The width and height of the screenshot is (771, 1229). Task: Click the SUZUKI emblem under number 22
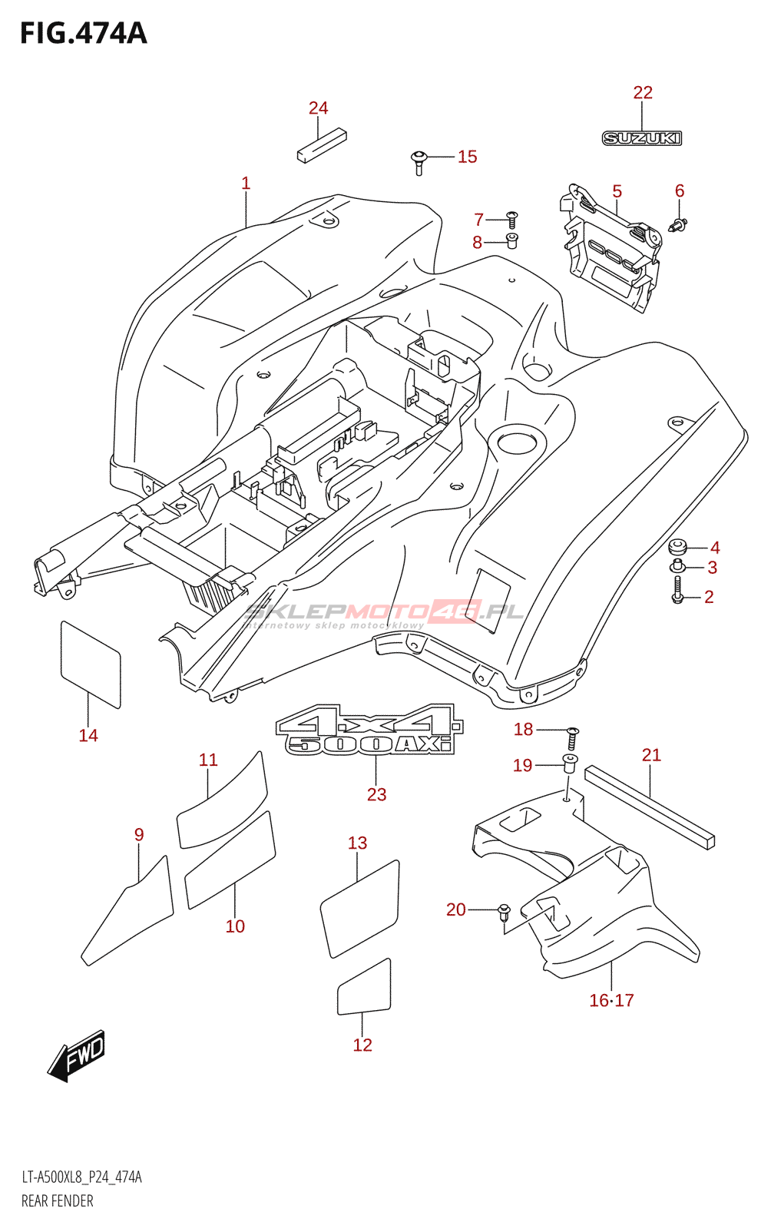641,138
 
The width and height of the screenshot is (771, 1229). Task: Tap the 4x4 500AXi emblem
369,730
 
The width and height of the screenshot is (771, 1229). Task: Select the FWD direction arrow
77,1055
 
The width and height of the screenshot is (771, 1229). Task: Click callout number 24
318,108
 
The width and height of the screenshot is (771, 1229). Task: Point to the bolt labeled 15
419,161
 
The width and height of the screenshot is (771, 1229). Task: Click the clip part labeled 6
678,225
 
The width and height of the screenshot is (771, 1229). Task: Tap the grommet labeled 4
677,548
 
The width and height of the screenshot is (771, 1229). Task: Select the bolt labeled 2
677,590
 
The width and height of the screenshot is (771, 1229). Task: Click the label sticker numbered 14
90,664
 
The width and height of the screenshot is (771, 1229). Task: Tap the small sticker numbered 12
364,988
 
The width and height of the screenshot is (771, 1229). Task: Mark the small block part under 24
311,146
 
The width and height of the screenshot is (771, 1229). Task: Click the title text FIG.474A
83,34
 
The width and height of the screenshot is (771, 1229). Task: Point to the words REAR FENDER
58,1201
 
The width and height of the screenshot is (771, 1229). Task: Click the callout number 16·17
611,1000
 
